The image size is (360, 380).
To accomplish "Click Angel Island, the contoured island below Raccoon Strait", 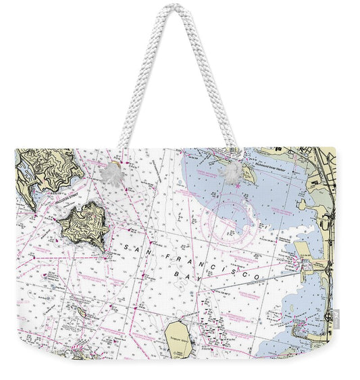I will coord(84,224).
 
